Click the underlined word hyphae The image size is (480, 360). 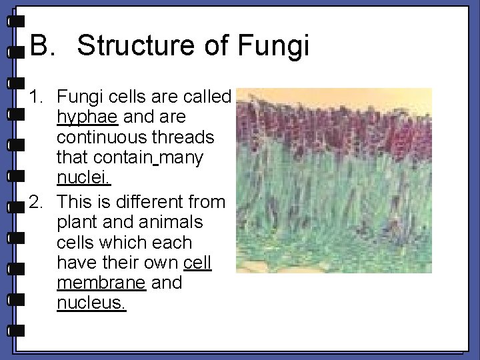pos(87,118)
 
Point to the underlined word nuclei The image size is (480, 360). pos(84,179)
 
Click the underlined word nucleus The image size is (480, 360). pos(91,303)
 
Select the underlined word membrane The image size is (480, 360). pos(101,283)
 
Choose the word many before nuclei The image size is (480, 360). pos(182,158)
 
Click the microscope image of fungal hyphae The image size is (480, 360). pos(334,180)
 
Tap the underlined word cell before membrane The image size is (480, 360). pos(197,263)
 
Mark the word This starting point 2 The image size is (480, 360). pos(75,201)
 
